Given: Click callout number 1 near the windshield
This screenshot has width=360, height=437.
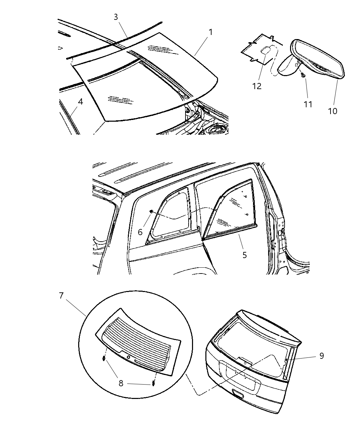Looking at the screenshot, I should (211, 32).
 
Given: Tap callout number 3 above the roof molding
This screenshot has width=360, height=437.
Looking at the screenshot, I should (116, 17).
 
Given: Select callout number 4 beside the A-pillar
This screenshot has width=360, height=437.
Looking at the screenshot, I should (80, 102).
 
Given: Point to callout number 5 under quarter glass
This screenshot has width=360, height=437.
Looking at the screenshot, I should (244, 255).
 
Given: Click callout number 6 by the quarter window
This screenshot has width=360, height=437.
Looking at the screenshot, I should (140, 232).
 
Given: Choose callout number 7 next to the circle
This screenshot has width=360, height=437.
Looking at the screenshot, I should (61, 295).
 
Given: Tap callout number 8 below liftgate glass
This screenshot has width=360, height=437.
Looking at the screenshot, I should (121, 383).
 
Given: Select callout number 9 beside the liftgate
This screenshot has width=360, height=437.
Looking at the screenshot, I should (321, 356).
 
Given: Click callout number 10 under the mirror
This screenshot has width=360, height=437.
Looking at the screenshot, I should (332, 111).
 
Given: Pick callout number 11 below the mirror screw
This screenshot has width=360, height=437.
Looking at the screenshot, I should (308, 104).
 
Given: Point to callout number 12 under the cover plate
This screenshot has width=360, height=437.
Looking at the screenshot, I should (257, 86).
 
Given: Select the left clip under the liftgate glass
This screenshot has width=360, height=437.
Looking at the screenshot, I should (104, 359).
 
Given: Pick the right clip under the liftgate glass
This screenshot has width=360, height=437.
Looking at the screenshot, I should (153, 383).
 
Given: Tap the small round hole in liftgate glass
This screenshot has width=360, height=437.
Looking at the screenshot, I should (129, 357).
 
